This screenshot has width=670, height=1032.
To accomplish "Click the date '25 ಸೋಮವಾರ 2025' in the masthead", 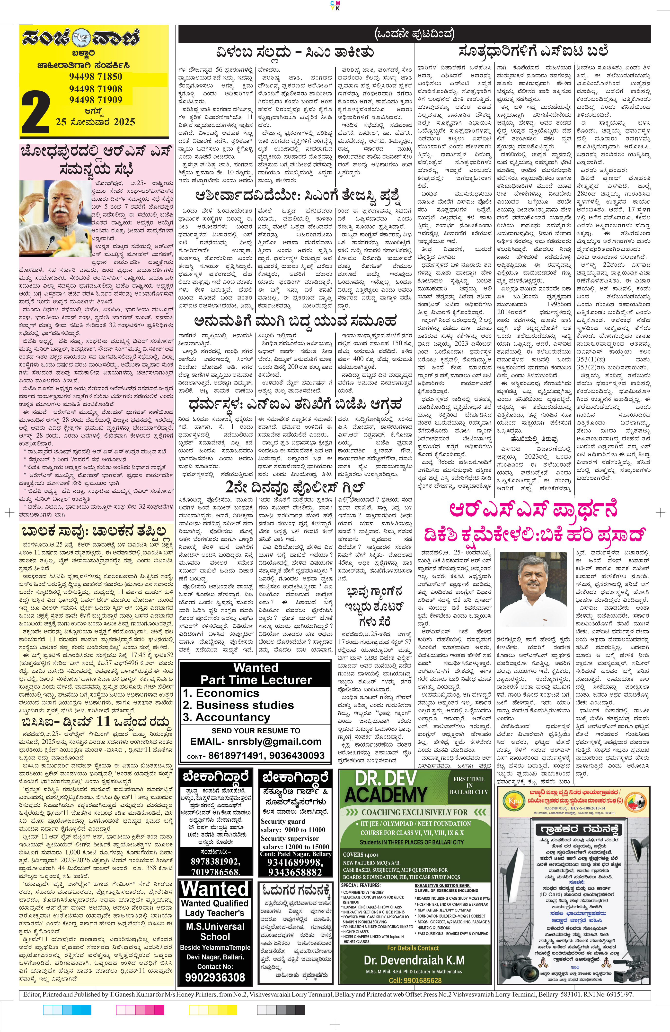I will pyautogui.click(x=96, y=122).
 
